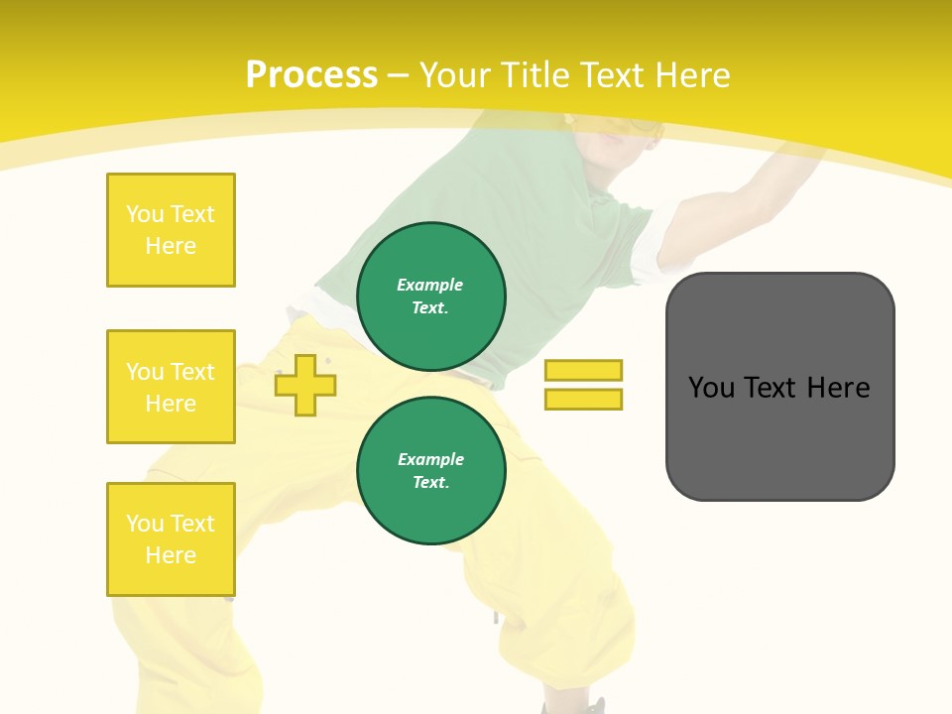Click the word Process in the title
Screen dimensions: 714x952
tap(311, 75)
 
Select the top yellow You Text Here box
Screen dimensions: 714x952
tap(171, 230)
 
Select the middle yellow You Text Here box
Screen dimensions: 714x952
tap(171, 387)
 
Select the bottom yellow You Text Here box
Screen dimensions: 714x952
tap(171, 539)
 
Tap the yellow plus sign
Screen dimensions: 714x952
tap(305, 385)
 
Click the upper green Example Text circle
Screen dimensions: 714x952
tap(431, 296)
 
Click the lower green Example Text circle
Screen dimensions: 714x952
tap(431, 470)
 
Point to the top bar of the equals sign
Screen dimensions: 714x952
tap(583, 370)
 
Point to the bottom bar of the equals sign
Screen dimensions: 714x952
tap(583, 399)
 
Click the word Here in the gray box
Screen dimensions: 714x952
tap(838, 388)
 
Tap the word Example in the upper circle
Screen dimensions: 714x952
tap(430, 285)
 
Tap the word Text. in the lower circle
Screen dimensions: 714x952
tap(430, 482)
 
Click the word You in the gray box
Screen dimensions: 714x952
tap(711, 388)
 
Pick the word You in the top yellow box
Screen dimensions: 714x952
tap(145, 214)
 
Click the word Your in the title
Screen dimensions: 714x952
tap(456, 75)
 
